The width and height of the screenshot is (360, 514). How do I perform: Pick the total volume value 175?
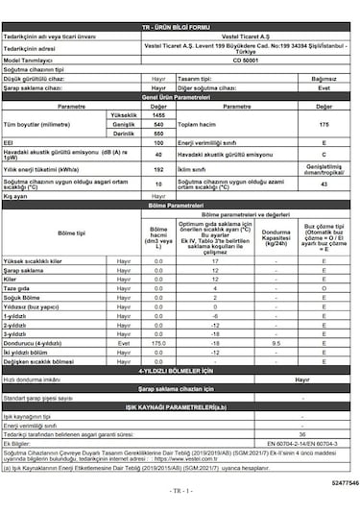324,124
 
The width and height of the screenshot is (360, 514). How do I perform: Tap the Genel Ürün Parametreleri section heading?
181,97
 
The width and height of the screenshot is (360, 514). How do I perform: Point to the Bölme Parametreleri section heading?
181,204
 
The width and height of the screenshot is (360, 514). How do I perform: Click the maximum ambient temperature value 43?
324,183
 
